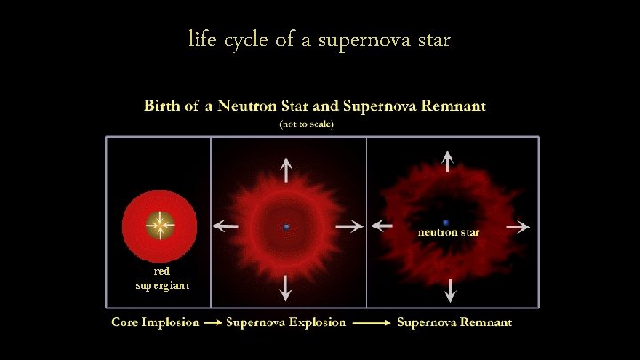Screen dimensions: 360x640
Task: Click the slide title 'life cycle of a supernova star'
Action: click(319, 40)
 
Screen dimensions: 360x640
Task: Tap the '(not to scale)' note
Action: click(306, 124)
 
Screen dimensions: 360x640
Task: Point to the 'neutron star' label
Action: click(449, 232)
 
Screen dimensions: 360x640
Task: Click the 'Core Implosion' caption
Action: click(155, 322)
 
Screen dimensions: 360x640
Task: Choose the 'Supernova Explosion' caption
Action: click(285, 322)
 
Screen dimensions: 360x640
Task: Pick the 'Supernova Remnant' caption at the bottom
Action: click(454, 322)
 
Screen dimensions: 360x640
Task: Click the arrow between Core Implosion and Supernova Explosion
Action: click(212, 323)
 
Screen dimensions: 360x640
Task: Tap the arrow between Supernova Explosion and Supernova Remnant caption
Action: click(371, 323)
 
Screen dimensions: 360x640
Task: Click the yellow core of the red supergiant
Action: click(160, 225)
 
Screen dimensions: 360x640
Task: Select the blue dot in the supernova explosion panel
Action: click(286, 228)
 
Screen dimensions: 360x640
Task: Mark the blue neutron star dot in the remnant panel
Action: click(445, 222)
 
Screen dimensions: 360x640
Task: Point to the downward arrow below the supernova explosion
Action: click(286, 286)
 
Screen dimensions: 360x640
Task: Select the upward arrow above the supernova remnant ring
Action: click(448, 160)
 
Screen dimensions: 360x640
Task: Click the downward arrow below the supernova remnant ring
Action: click(449, 291)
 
